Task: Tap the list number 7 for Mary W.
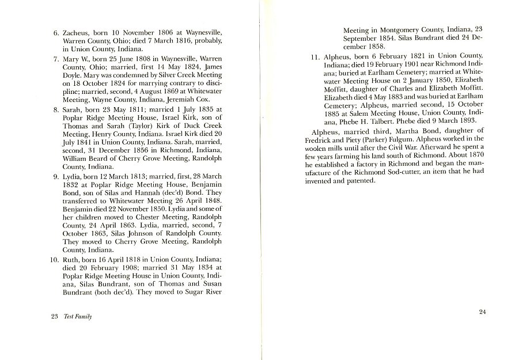(56, 59)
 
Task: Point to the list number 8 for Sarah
(56, 108)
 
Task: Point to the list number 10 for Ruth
(54, 259)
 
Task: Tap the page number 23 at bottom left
(55, 316)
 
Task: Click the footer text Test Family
(78, 316)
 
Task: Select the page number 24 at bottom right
(483, 312)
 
